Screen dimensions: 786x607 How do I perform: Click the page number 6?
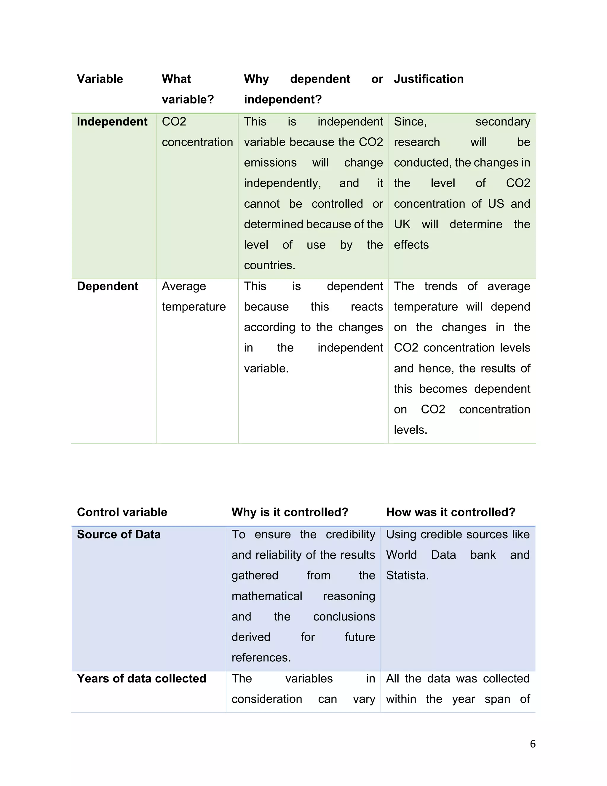pyautogui.click(x=533, y=744)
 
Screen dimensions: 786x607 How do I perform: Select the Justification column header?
pyautogui.click(x=429, y=79)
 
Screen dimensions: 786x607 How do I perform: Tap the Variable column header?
pyautogui.click(x=100, y=79)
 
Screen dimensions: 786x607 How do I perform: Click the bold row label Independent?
pyautogui.click(x=112, y=122)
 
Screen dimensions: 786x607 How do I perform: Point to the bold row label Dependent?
pyautogui.click(x=108, y=286)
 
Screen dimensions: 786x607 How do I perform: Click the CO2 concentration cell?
pyautogui.click(x=197, y=132)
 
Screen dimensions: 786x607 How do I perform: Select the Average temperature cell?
pyautogui.click(x=194, y=296)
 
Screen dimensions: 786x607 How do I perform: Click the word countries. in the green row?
pyautogui.click(x=269, y=265)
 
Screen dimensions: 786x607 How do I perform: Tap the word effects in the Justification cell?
pyautogui.click(x=411, y=245)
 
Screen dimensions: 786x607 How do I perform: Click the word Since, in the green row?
pyautogui.click(x=410, y=122)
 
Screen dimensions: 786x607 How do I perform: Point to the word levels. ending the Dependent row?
pyautogui.click(x=410, y=430)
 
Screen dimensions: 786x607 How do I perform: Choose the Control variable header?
pyautogui.click(x=122, y=512)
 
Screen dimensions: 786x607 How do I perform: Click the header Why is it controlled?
pyautogui.click(x=290, y=512)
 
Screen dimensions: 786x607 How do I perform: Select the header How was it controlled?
pyautogui.click(x=451, y=512)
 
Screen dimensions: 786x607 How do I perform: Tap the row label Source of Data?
pyautogui.click(x=119, y=534)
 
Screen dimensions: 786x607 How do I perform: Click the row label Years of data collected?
pyautogui.click(x=141, y=678)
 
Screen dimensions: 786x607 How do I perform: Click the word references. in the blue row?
pyautogui.click(x=261, y=658)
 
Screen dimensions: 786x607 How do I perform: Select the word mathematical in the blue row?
pyautogui.click(x=266, y=596)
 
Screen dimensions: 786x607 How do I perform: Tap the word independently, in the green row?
pyautogui.click(x=282, y=183)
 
